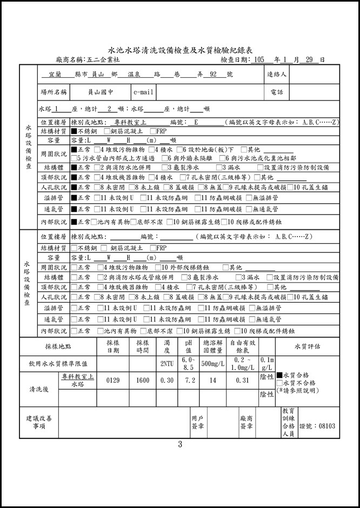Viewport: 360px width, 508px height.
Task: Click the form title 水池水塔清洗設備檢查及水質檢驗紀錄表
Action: coord(180,48)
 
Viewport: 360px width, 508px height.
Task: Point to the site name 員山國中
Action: coord(101,92)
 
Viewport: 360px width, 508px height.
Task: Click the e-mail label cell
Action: coord(143,92)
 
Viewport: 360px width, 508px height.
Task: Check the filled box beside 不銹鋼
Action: coord(74,131)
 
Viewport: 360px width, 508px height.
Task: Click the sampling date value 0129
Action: coord(113,380)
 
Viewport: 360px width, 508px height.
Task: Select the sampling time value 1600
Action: coord(143,380)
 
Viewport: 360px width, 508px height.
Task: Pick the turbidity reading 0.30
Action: coord(167,380)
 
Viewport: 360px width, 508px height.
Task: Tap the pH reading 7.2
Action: coord(189,380)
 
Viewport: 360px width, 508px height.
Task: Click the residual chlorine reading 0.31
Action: coord(243,380)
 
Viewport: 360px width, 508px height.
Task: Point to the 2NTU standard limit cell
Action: coord(167,364)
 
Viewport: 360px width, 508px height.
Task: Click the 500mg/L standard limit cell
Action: coord(213,364)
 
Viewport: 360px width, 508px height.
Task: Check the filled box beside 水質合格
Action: coord(279,375)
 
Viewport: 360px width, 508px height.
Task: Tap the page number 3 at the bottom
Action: coord(180,445)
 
